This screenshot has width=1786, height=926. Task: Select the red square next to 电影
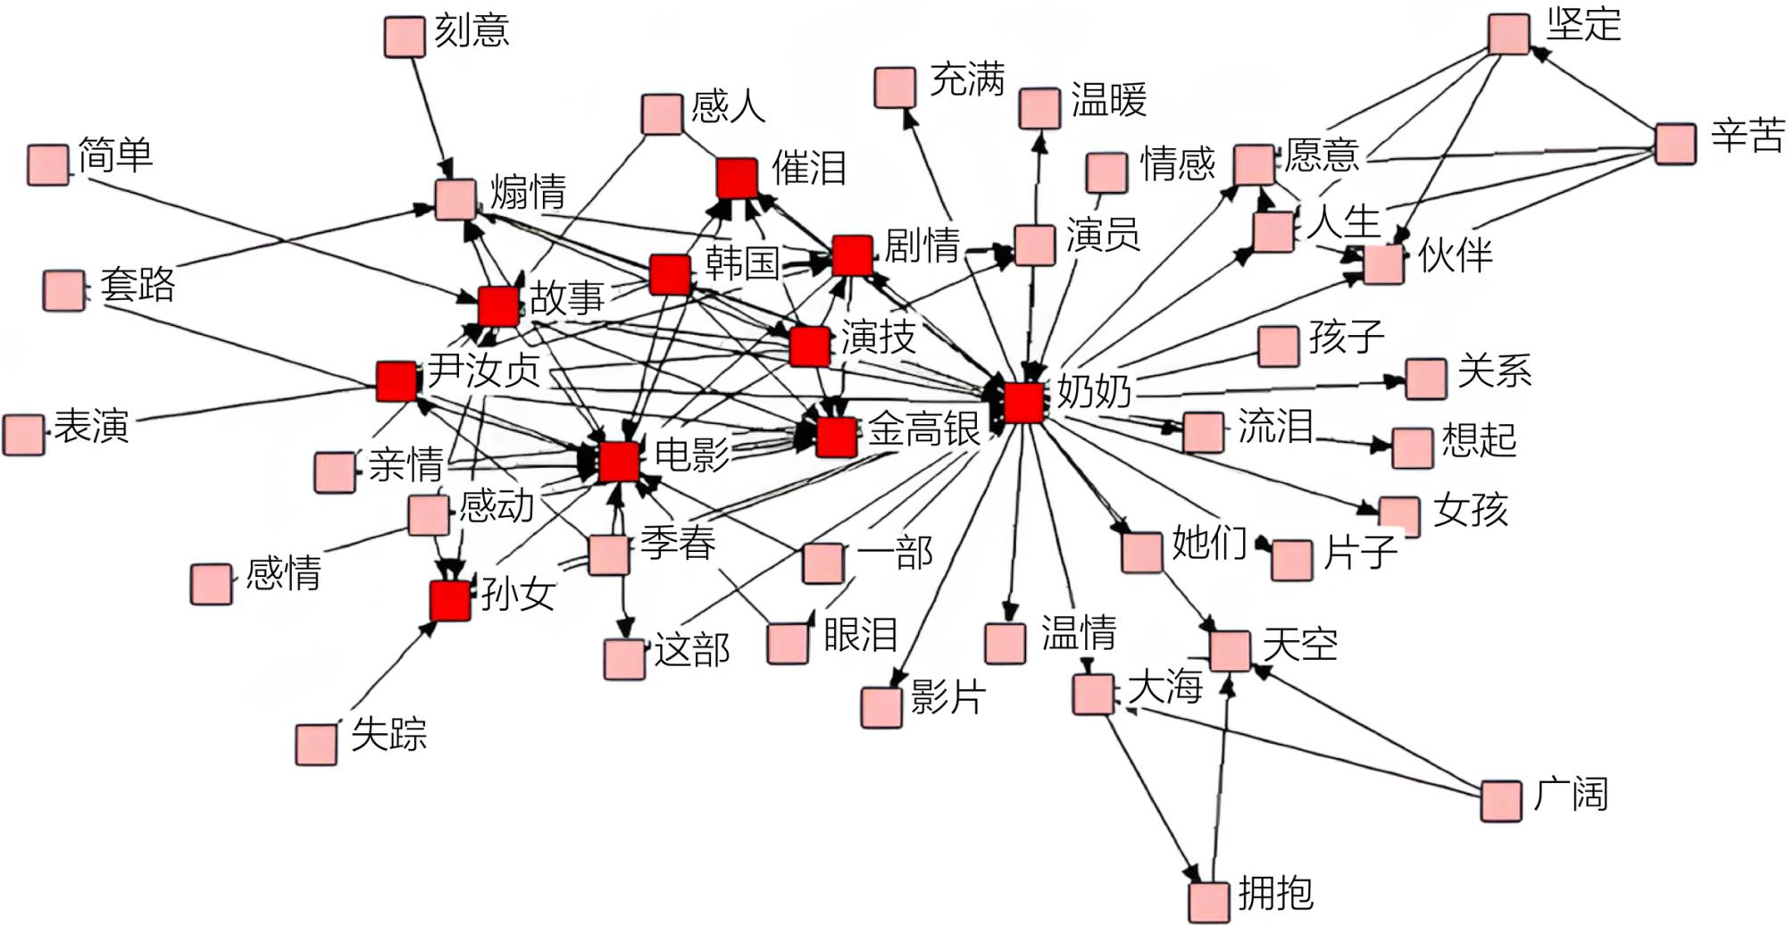point(619,462)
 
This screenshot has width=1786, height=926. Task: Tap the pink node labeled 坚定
point(1509,34)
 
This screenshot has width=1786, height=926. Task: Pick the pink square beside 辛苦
point(1675,144)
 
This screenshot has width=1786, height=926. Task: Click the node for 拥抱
point(1209,902)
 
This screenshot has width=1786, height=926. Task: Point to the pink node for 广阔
point(1501,800)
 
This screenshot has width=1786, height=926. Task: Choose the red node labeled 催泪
point(738,178)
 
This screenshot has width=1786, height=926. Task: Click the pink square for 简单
point(48,165)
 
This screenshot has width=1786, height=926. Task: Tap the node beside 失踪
point(316,744)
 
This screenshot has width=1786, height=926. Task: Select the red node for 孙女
point(450,601)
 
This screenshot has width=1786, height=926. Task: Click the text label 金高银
point(924,429)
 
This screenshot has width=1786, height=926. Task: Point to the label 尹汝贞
point(484,370)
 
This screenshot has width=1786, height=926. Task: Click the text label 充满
point(967,79)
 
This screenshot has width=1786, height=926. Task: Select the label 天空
point(1300,644)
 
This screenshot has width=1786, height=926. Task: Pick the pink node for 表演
point(23,435)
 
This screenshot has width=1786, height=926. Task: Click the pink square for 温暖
point(1039,108)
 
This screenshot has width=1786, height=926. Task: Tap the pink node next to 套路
point(64,290)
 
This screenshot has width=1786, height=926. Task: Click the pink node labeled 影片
point(881,707)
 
